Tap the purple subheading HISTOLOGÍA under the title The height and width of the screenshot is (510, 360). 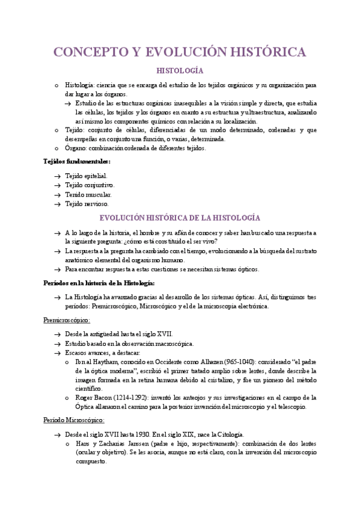pos(180,70)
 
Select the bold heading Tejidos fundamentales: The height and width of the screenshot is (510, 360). pos(77,161)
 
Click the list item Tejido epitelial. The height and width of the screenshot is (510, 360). pos(87,176)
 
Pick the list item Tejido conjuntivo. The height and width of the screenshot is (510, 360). pos(90,185)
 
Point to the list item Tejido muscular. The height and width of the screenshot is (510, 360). pos(88,194)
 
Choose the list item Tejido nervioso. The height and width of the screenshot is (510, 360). pos(87,204)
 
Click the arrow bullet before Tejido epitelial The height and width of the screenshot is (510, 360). pos(56,176)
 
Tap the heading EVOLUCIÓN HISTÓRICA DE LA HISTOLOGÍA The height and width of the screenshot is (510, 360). pos(180,218)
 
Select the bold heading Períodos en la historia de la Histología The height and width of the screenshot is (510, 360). pos(100,282)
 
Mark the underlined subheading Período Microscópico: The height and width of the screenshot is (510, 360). pos(75,420)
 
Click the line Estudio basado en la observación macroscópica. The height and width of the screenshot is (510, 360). pos(129,343)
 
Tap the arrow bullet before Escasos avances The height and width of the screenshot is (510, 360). pos(56,352)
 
